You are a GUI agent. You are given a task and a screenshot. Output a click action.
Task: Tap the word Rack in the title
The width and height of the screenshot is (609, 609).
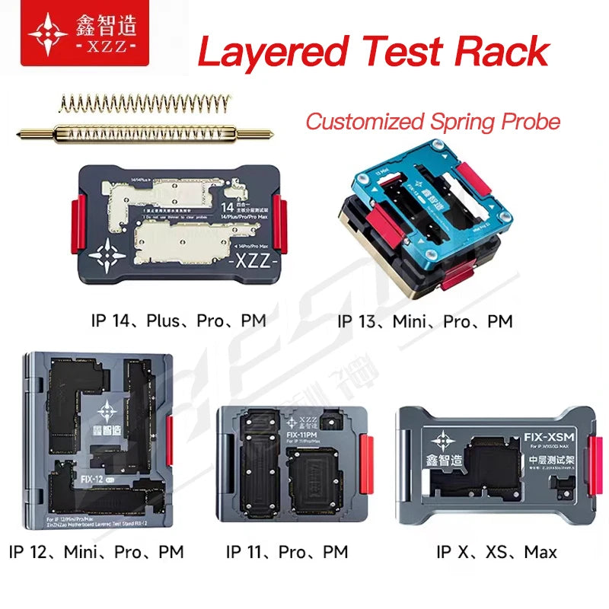tap(502, 51)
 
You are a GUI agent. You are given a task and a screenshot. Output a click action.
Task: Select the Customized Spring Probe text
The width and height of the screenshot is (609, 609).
tap(432, 122)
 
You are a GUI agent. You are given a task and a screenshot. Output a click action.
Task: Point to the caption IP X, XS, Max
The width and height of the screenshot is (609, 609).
tap(496, 551)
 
